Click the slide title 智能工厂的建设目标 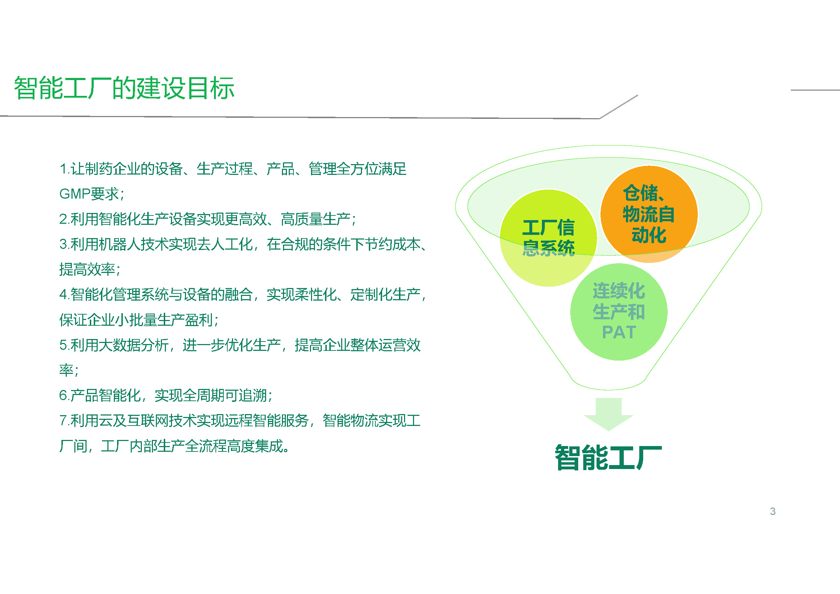(x=124, y=88)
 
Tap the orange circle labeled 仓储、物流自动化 (x=649, y=214)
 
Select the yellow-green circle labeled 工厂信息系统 (x=548, y=238)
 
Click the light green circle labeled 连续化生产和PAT (x=619, y=312)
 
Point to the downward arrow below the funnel (x=608, y=414)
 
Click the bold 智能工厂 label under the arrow (x=608, y=457)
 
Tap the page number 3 (x=772, y=511)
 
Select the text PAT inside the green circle (x=619, y=333)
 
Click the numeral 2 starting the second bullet (x=63, y=219)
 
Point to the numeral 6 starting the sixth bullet (x=63, y=395)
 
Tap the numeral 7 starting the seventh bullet (x=63, y=421)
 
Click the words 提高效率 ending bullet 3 (x=87, y=270)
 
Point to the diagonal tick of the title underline (x=619, y=107)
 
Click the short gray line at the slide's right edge (x=815, y=90)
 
